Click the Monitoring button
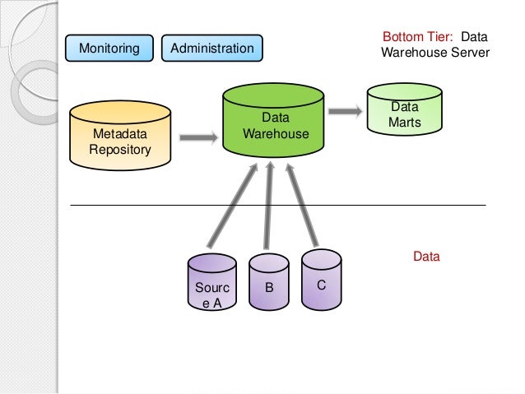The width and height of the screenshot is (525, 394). (109, 49)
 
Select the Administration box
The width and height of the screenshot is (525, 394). (212, 49)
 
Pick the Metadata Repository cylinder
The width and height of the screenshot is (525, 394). (122, 137)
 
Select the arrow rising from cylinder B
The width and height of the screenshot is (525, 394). (267, 206)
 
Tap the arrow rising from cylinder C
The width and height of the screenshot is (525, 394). (301, 206)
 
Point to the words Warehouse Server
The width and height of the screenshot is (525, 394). (435, 53)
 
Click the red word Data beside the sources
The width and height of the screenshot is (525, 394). (426, 257)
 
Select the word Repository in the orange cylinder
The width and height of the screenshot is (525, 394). (121, 150)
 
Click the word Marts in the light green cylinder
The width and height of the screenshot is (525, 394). (404, 123)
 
